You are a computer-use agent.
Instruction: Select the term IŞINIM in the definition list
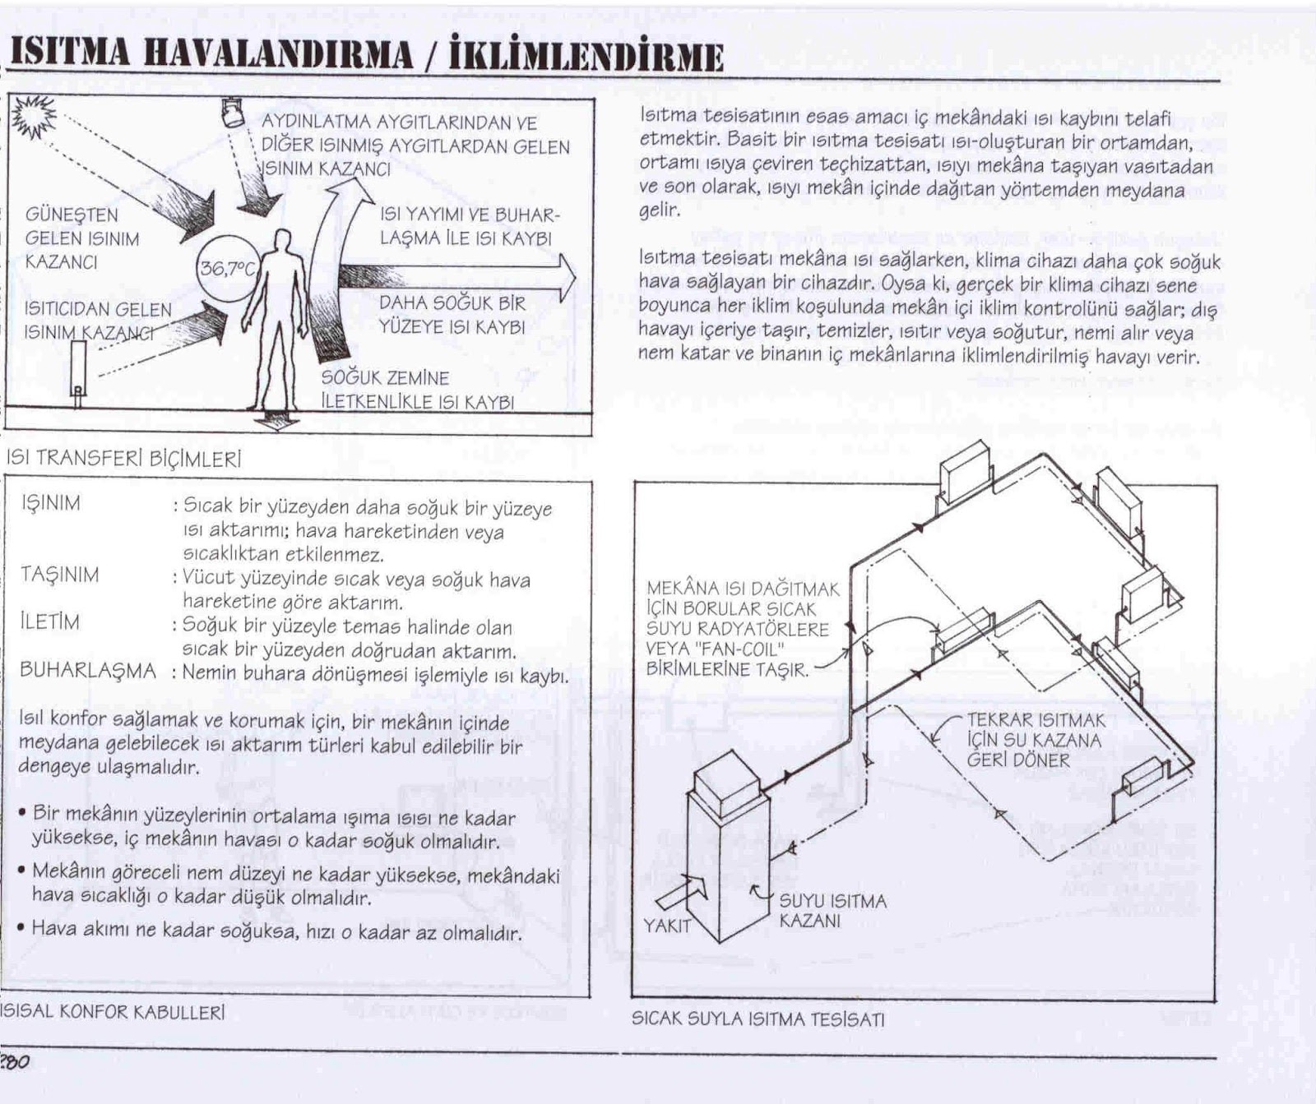point(51,503)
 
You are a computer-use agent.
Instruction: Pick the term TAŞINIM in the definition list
point(59,575)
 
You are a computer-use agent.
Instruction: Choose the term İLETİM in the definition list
point(49,622)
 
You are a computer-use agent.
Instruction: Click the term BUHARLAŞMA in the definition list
point(88,670)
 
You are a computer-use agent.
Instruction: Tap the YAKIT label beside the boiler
point(667,926)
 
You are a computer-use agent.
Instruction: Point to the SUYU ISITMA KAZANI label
point(832,911)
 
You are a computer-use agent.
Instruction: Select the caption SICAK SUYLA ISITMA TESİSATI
point(758,1019)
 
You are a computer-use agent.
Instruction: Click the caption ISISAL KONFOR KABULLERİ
point(112,1012)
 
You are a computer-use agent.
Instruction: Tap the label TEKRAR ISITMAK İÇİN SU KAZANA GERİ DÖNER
point(1036,740)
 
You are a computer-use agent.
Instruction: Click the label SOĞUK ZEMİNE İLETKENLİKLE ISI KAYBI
point(417,390)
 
